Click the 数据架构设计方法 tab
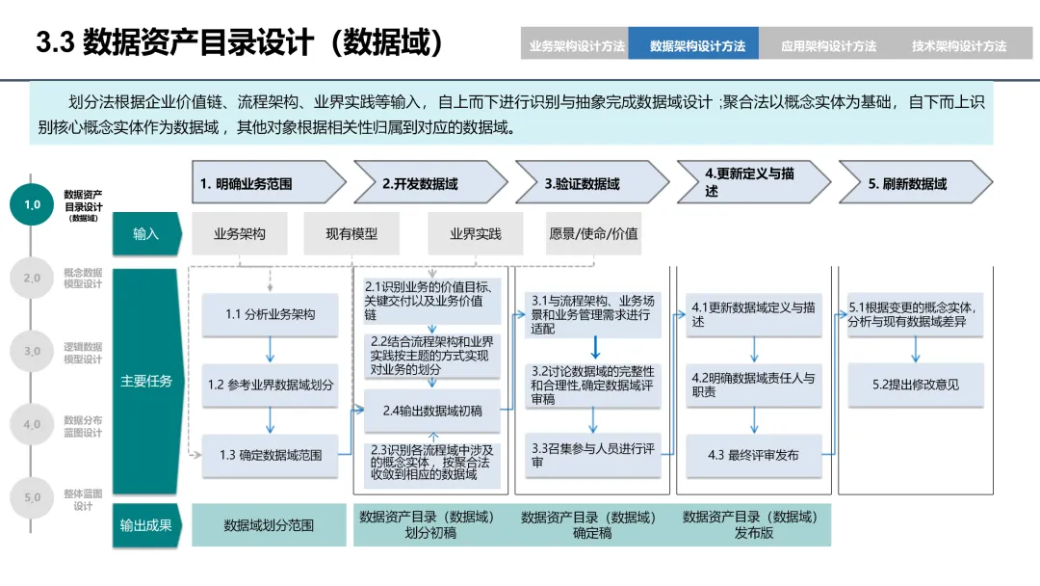point(697,45)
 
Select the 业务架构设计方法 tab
point(577,45)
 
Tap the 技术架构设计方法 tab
point(959,45)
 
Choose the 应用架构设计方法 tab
point(828,45)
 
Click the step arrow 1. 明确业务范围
point(268,183)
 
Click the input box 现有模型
point(351,233)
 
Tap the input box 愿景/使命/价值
point(593,233)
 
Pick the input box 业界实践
point(476,233)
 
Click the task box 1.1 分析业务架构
point(270,314)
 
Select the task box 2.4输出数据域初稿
point(432,411)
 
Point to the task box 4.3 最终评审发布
point(753,455)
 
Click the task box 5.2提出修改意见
point(916,385)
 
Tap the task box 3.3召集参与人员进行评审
point(592,455)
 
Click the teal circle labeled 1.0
point(33,204)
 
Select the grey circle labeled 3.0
point(33,352)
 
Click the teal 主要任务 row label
point(146,381)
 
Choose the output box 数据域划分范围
point(269,525)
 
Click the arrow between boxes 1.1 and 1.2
point(270,348)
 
